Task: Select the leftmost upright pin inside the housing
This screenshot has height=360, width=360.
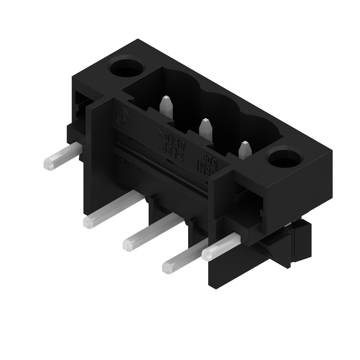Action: (166, 106)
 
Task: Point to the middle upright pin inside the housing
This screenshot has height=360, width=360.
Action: (205, 128)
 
